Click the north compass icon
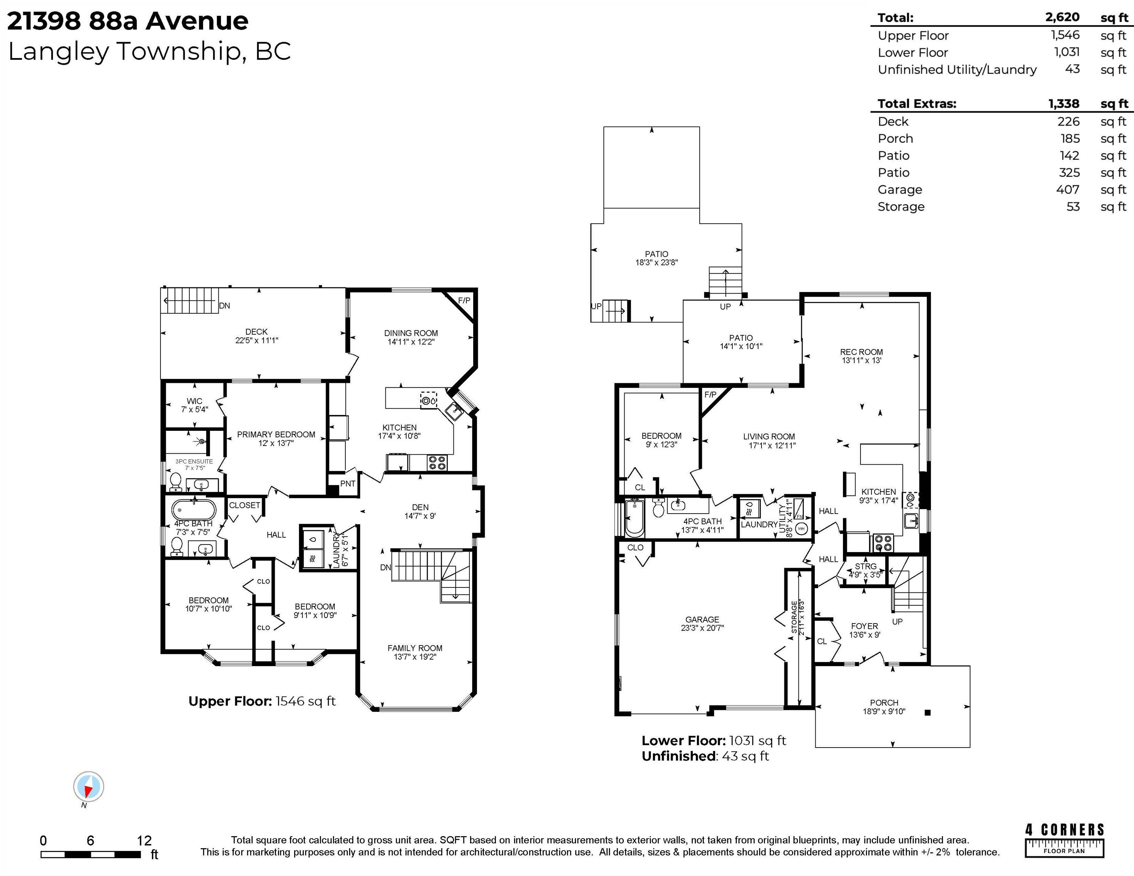click(x=88, y=787)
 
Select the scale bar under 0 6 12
click(x=91, y=854)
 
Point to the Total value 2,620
click(x=1062, y=17)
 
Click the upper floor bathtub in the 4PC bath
click(x=193, y=510)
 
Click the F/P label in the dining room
click(x=464, y=300)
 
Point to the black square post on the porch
click(x=928, y=713)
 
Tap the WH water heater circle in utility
click(x=801, y=529)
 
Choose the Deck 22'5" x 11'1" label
click(x=256, y=336)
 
